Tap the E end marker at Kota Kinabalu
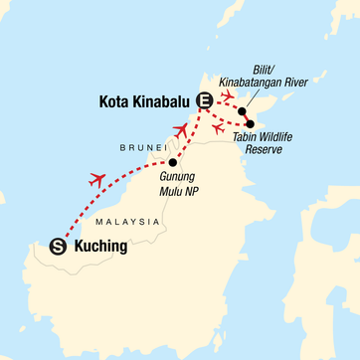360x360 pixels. [205, 99]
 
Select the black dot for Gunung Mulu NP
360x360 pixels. [173, 162]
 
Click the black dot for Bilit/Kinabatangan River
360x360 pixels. [241, 111]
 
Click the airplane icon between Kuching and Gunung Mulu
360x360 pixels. [96, 179]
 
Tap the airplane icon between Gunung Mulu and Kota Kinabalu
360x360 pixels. [180, 130]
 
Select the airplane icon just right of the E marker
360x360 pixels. [226, 95]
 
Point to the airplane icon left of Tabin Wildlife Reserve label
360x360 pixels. [218, 127]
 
